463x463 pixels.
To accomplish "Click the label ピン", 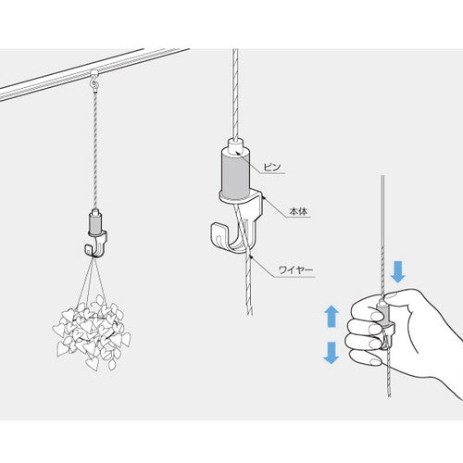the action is pos(272,168).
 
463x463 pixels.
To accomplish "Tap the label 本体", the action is pos(299,212).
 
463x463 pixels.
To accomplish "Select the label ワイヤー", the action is pos(295,270).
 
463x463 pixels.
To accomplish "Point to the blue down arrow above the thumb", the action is pos(397,271).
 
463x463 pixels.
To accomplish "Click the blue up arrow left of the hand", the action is pos(332,316).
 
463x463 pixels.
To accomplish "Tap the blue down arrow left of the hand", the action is pos(332,353).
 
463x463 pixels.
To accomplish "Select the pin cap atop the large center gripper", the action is pos(235,145).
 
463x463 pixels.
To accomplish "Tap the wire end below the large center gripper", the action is pos(250,314).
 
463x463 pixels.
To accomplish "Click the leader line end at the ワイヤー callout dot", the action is pos(252,257).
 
